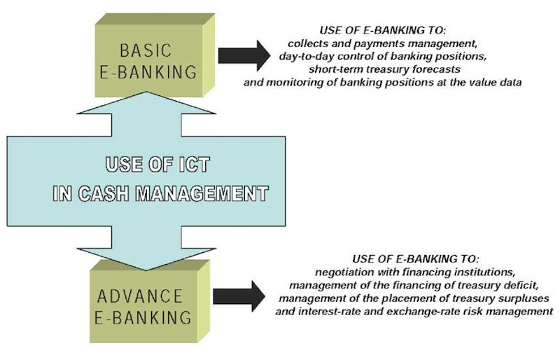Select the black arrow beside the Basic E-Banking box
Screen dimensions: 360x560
click(243, 56)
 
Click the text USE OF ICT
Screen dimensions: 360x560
click(159, 167)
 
